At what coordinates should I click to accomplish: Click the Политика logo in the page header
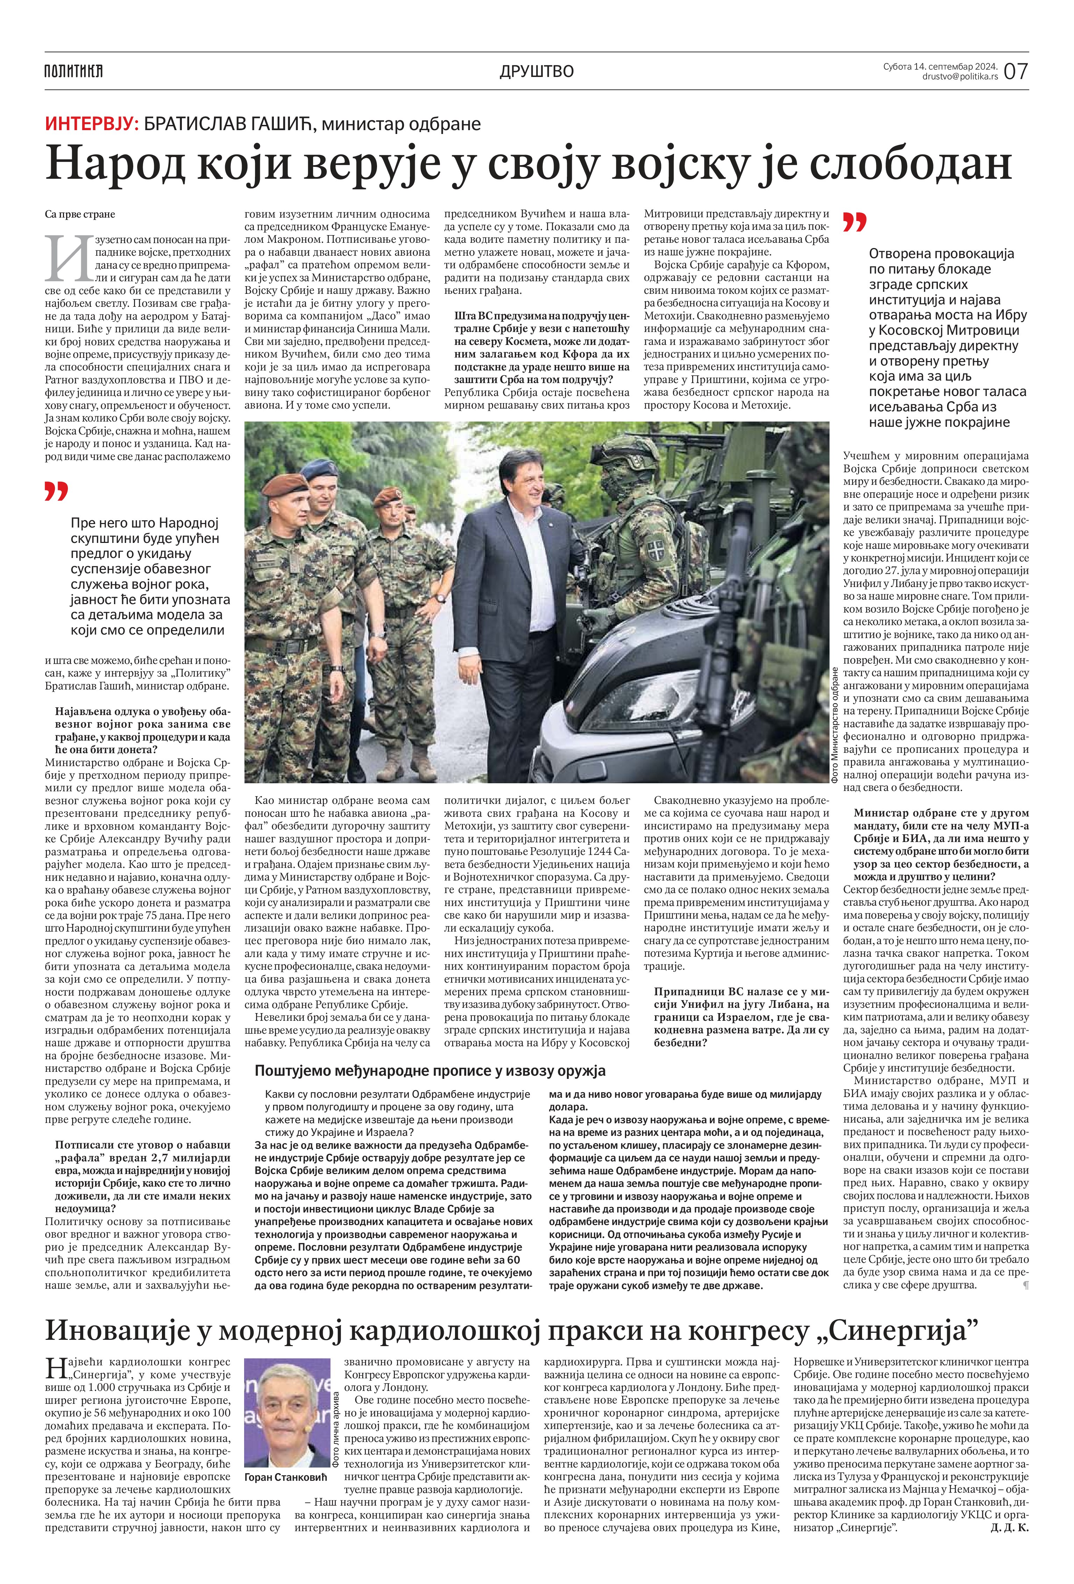[x=73, y=71]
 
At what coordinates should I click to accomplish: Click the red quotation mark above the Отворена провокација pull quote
[x=855, y=222]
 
